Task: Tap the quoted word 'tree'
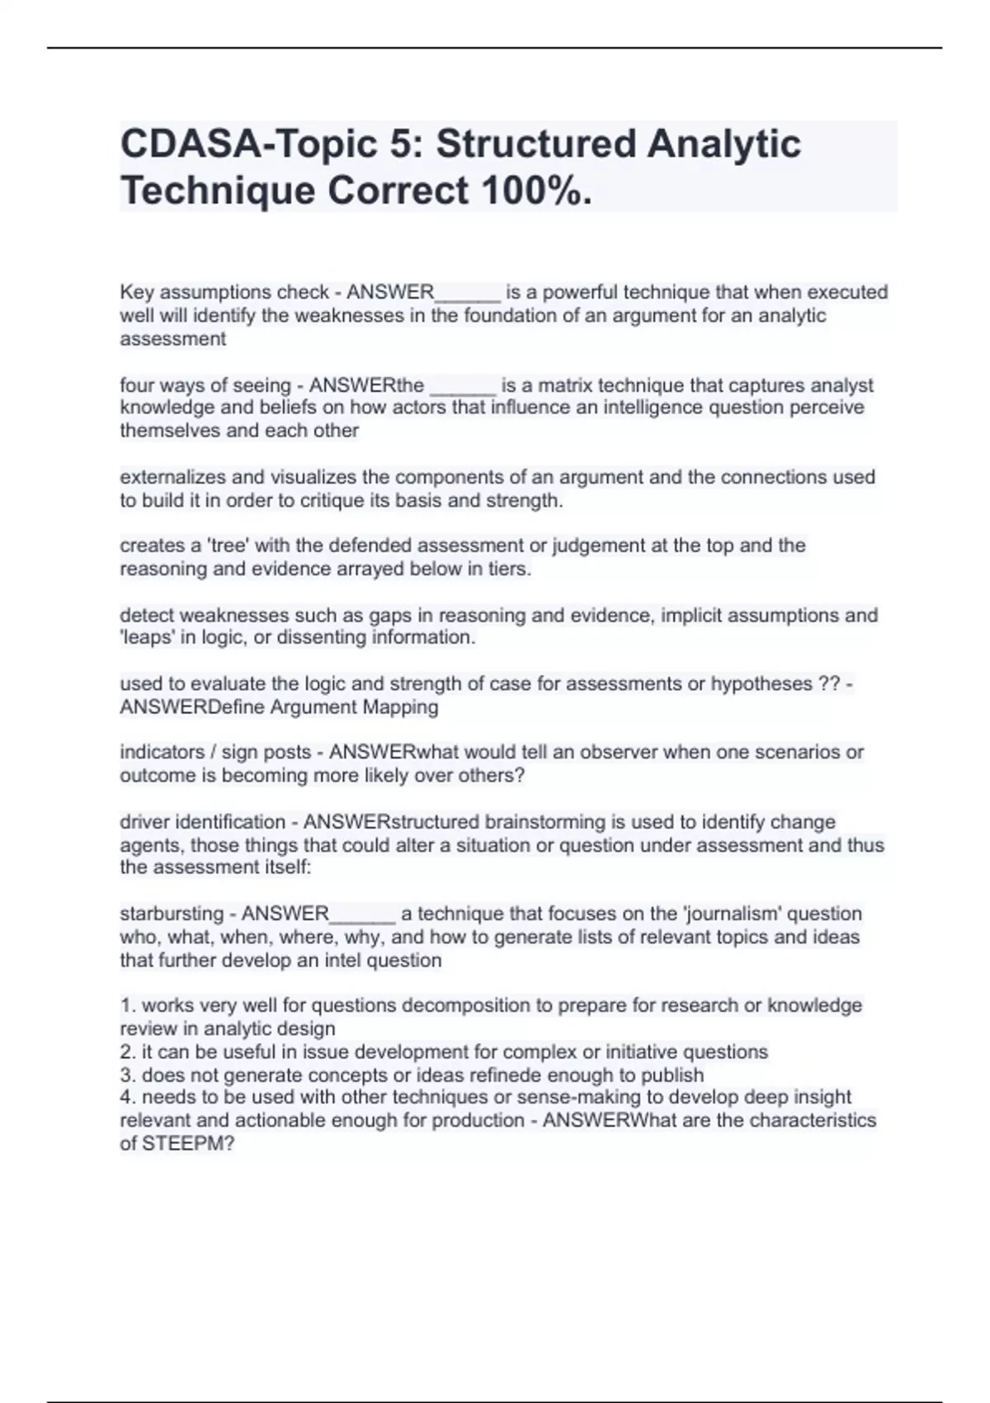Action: point(231,546)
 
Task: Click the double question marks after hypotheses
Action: point(829,683)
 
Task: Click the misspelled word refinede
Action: point(519,1075)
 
